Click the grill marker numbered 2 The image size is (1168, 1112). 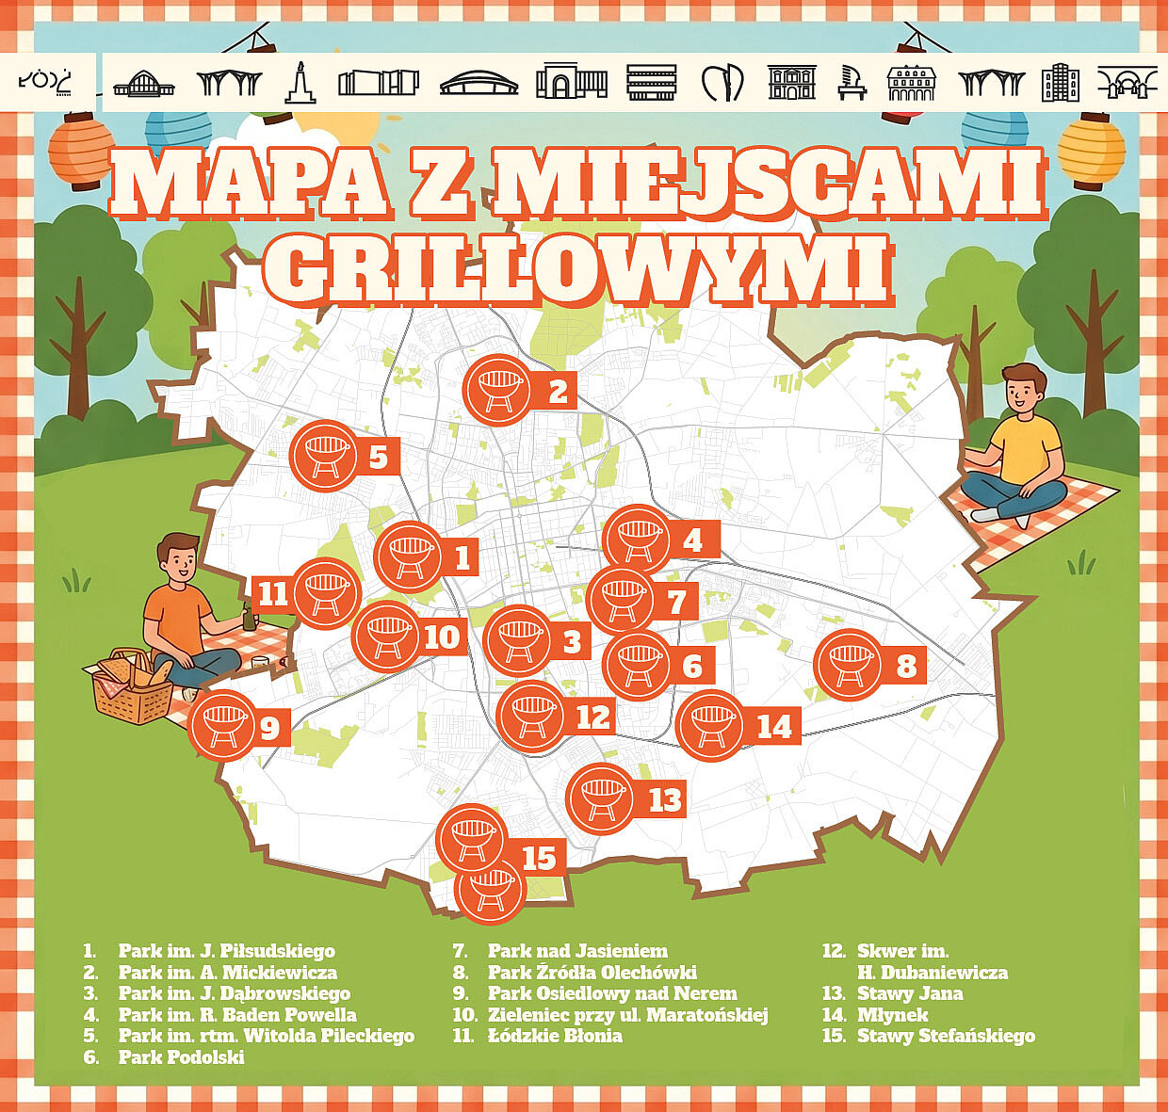(497, 390)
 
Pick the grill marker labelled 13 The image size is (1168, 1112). (600, 798)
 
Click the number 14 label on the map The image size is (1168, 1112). (774, 727)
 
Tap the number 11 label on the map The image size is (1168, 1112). (273, 593)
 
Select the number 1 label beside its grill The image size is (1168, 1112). (461, 557)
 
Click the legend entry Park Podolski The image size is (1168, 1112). (180, 1057)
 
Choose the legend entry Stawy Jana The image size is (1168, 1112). (909, 993)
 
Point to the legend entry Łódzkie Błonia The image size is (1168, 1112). (554, 1036)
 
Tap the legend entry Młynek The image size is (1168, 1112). (892, 1015)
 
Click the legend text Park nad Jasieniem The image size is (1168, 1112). (576, 951)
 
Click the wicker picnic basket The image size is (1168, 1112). (131, 688)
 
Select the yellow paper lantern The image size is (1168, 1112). (1091, 149)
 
